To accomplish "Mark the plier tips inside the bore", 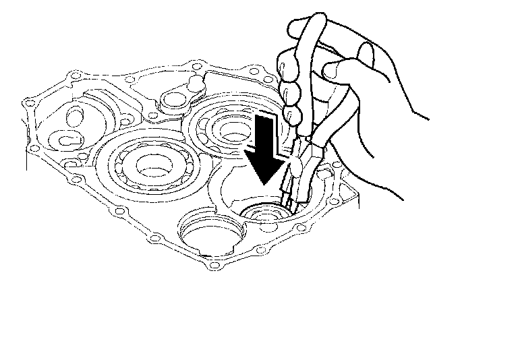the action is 286,206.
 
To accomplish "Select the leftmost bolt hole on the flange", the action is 27,103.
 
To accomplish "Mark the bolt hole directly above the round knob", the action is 196,67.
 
